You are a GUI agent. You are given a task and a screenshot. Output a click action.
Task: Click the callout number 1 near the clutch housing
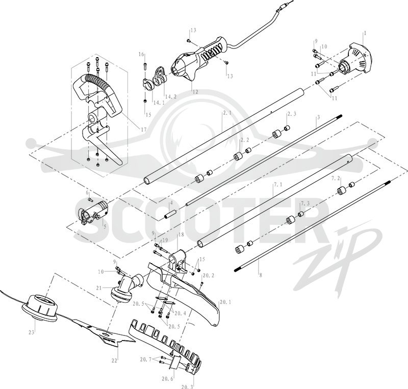tap(365, 33)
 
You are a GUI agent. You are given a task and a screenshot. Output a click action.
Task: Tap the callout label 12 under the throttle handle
tap(195, 92)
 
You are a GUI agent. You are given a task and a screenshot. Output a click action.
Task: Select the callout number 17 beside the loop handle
tap(143, 129)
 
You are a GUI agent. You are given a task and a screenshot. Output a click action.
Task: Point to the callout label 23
tap(32, 332)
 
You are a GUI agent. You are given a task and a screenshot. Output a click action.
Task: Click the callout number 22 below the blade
tap(114, 360)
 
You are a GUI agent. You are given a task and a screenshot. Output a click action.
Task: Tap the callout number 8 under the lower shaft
tap(261, 274)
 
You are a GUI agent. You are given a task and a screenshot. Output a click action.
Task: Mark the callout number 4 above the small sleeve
tap(171, 202)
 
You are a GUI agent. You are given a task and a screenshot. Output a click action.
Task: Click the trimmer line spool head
tap(39, 308)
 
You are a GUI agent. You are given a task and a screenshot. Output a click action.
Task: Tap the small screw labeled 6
tap(91, 200)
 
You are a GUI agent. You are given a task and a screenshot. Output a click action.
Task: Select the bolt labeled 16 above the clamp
tap(145, 65)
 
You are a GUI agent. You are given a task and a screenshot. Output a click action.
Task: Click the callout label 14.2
tap(171, 96)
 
